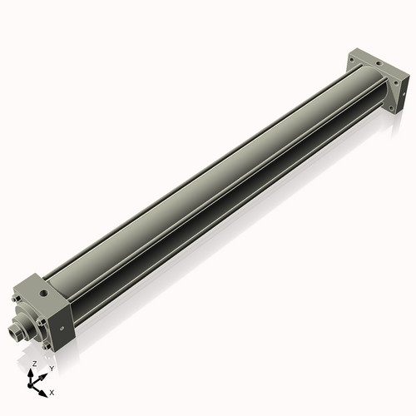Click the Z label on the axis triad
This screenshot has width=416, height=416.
(34, 364)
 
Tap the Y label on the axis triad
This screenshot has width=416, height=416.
(52, 368)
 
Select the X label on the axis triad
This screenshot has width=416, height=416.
(52, 391)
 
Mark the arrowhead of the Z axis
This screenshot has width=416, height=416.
(32, 372)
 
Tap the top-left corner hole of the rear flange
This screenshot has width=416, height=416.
(353, 60)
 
